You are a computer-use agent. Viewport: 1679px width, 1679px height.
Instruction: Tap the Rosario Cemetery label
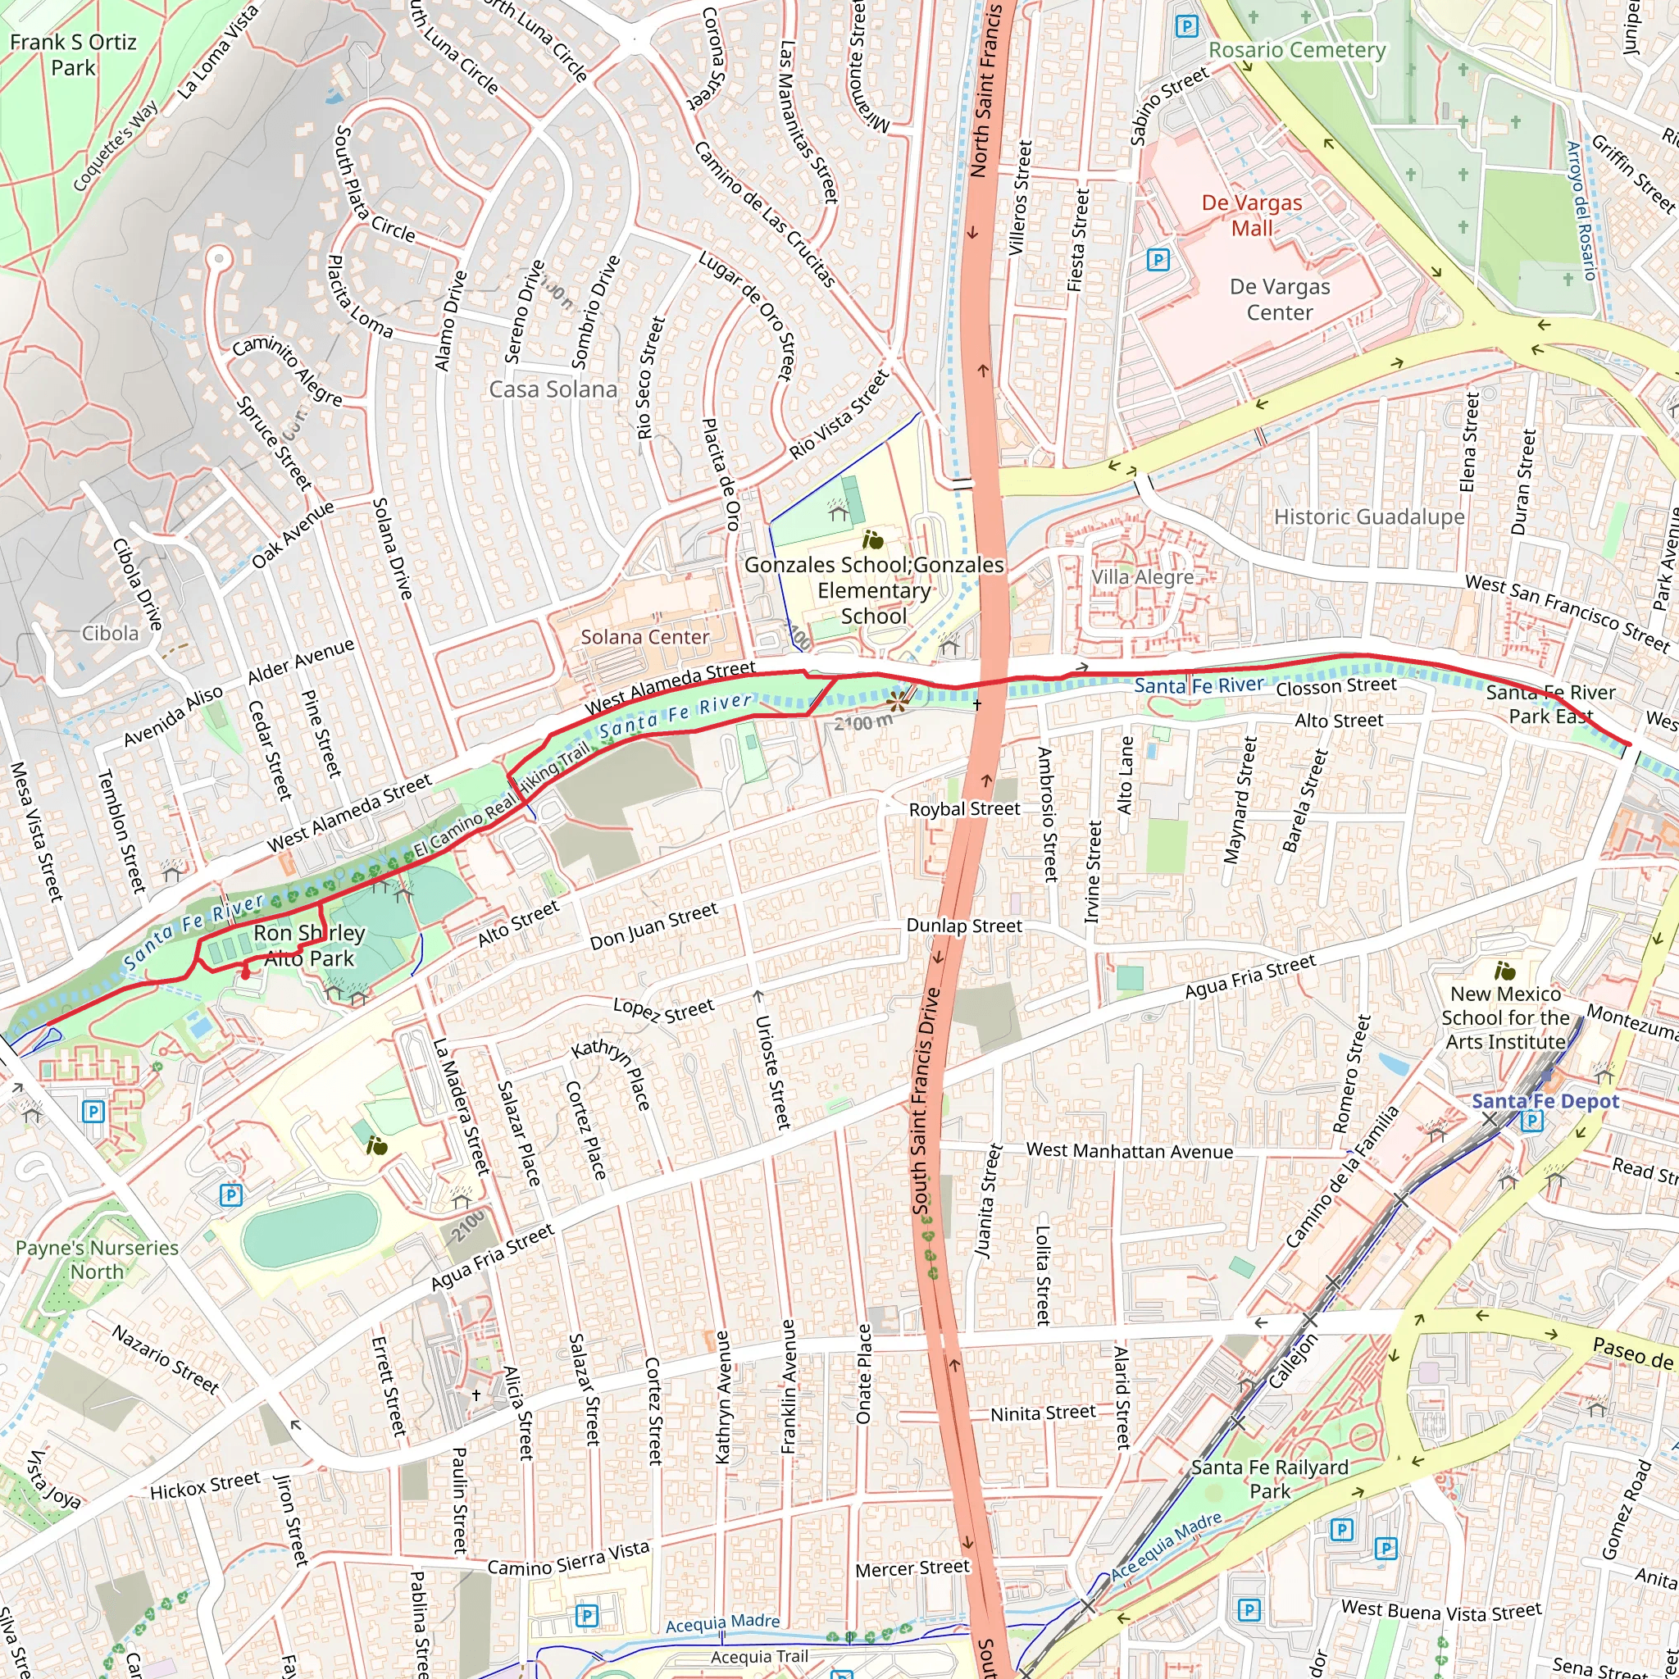(1297, 50)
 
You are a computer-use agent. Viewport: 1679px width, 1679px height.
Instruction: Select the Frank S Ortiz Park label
(73, 55)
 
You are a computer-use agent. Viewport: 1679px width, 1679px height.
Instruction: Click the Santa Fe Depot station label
(1545, 1101)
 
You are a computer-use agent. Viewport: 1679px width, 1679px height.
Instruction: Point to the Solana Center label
(645, 637)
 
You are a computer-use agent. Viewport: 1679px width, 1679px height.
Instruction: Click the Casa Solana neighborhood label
(553, 389)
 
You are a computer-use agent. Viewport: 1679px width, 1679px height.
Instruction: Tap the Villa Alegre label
(1142, 577)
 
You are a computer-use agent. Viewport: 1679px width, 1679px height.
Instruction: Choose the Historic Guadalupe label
(1369, 517)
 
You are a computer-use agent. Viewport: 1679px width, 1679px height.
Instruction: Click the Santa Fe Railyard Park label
(1270, 1479)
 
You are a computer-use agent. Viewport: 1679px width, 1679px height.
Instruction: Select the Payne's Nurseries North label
(97, 1259)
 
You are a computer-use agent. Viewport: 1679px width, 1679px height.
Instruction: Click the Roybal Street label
(964, 809)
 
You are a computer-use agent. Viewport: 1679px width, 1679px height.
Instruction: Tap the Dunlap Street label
(964, 926)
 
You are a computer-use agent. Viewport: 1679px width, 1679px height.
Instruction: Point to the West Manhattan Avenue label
(1129, 1152)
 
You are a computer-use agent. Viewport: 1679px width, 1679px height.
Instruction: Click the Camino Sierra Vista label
(567, 1559)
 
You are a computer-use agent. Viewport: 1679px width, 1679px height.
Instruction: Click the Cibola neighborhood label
(110, 634)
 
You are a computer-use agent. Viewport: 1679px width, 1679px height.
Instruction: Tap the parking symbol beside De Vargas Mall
(1158, 259)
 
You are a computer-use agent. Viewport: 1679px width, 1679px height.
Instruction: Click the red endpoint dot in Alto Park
(245, 975)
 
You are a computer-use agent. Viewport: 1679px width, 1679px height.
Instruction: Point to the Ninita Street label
(1043, 1413)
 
